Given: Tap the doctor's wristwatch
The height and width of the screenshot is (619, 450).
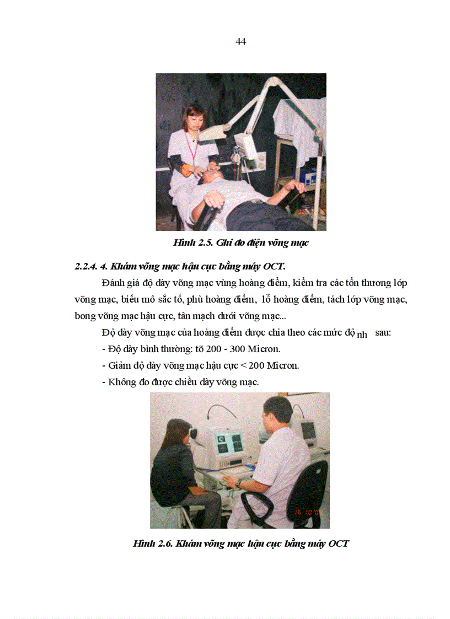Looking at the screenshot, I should pyautogui.click(x=239, y=483).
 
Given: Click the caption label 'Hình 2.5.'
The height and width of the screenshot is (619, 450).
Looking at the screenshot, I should pyautogui.click(x=191, y=243).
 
